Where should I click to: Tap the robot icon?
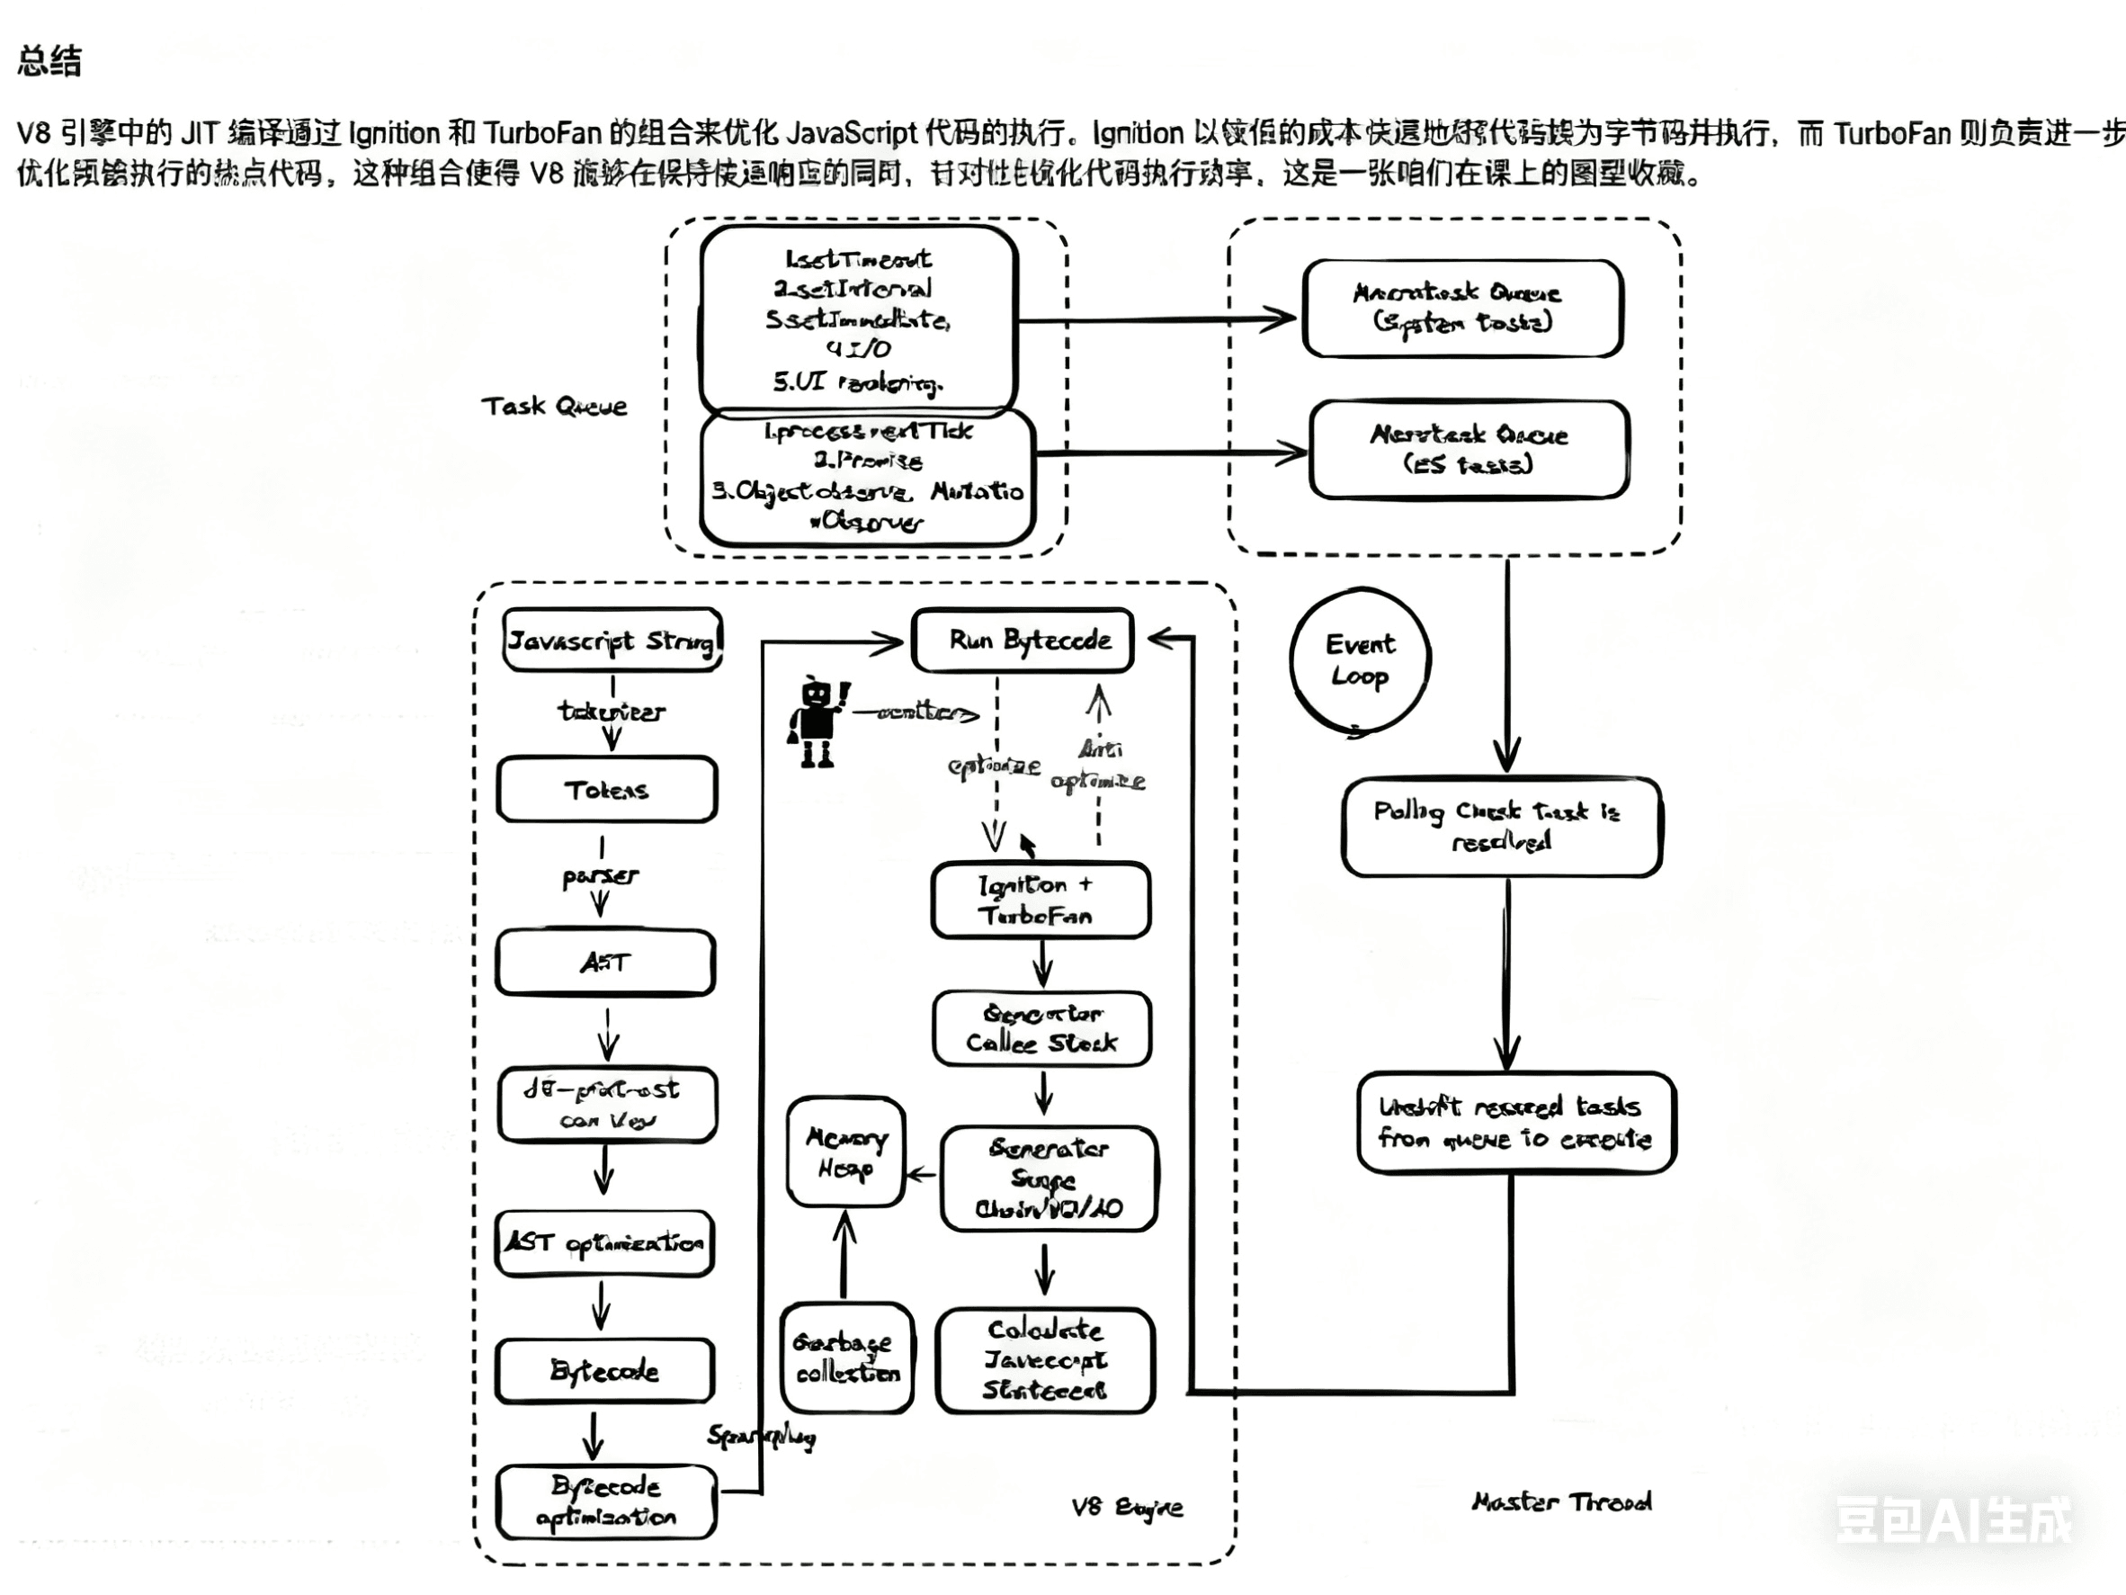click(x=816, y=722)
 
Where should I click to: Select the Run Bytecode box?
click(x=1023, y=641)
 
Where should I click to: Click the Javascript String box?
click(x=612, y=641)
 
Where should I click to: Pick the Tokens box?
click(x=606, y=789)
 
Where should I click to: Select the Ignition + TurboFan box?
click(x=1040, y=900)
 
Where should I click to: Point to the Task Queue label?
click(x=555, y=407)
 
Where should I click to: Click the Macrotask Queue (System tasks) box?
click(x=1463, y=308)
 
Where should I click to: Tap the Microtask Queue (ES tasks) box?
click(x=1469, y=450)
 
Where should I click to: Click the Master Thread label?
click(x=1562, y=1501)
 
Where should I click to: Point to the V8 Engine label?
click(x=1127, y=1508)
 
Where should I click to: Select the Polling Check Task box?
click(x=1501, y=827)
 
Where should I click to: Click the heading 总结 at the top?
click(x=49, y=60)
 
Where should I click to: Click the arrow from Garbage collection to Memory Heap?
click(x=844, y=1256)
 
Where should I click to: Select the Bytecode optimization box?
click(x=606, y=1501)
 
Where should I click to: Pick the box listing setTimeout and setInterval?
click(x=858, y=319)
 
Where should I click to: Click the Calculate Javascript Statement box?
click(x=1045, y=1360)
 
